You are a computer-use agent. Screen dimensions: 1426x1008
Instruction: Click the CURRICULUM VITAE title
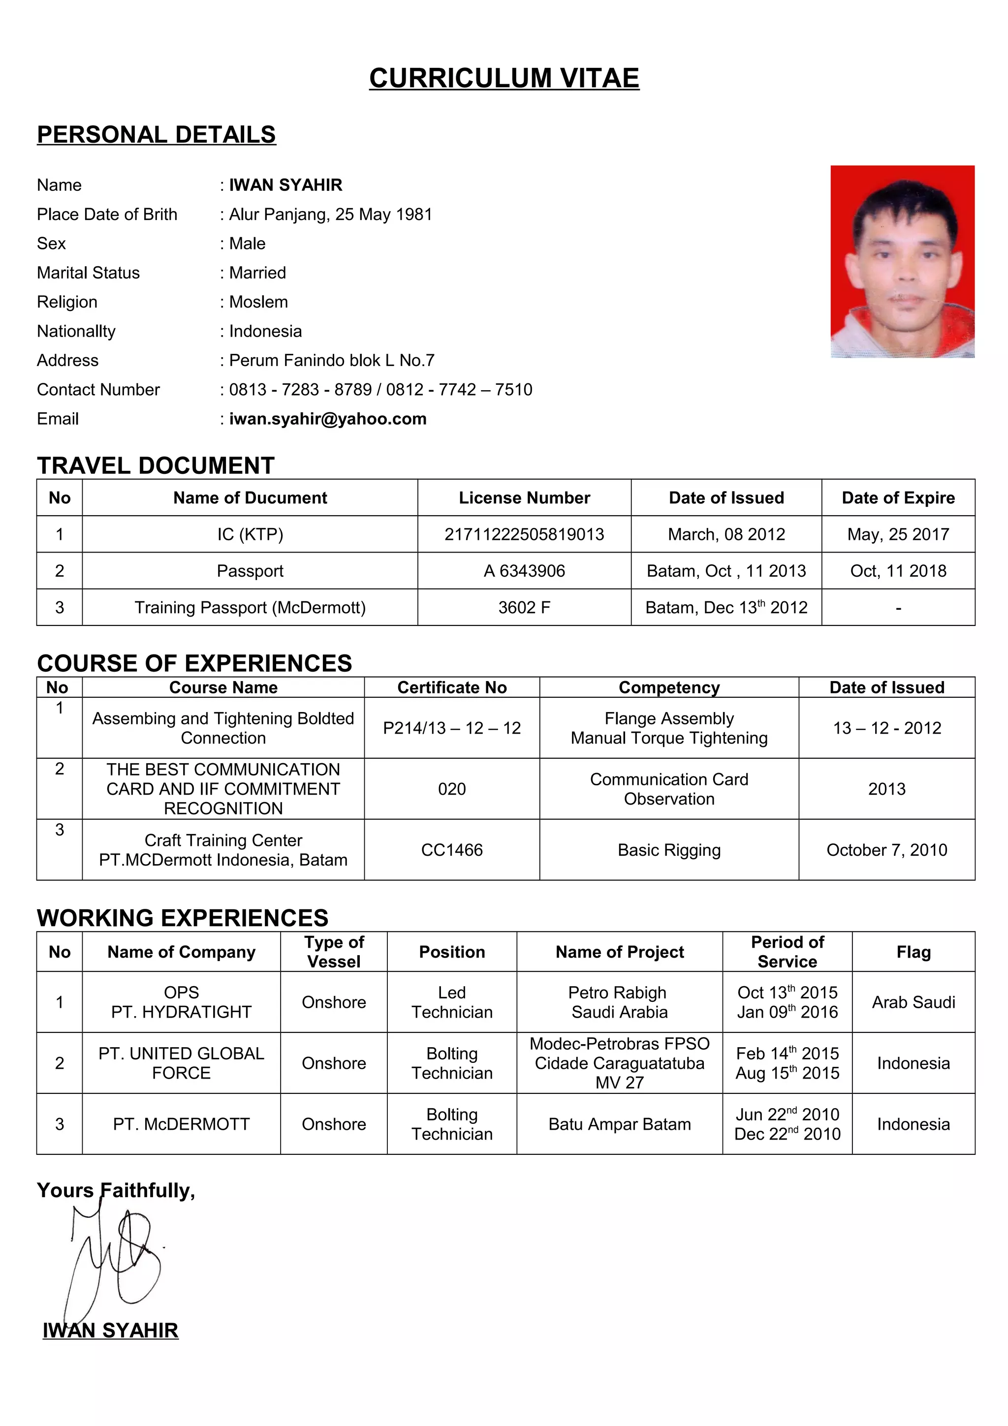click(x=504, y=78)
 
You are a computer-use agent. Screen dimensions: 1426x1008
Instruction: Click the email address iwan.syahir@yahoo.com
click(x=327, y=419)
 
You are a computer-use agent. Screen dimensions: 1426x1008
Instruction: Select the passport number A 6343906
click(x=524, y=571)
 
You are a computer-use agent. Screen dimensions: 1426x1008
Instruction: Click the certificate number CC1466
click(x=451, y=850)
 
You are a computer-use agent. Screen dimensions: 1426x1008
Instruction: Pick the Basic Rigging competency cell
click(x=669, y=850)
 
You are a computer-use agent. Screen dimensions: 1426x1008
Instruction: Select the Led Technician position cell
click(x=451, y=1002)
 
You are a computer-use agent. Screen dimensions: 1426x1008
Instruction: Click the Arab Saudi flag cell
click(x=913, y=1002)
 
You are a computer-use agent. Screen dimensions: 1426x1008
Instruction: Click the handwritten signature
click(x=115, y=1258)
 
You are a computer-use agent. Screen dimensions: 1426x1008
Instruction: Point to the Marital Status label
click(x=88, y=273)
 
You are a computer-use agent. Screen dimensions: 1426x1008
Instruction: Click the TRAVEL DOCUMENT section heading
click(x=155, y=466)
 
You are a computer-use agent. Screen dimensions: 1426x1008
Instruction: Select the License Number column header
click(x=524, y=497)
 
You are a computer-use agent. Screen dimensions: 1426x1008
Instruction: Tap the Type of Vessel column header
click(x=334, y=952)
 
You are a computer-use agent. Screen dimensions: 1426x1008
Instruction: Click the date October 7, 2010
click(x=886, y=850)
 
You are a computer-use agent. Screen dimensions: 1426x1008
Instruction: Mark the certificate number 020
click(x=451, y=789)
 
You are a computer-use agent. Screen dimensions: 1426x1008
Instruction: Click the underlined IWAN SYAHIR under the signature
click(x=111, y=1331)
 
